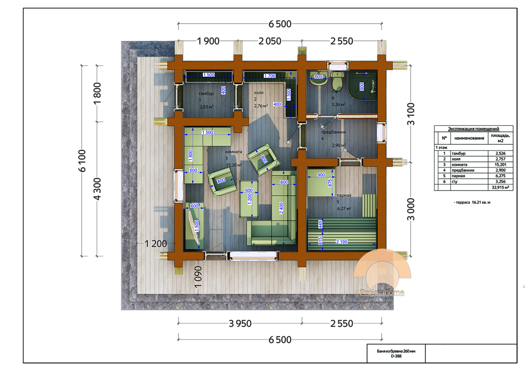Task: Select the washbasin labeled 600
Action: (x=319, y=79)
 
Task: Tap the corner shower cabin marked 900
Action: (x=362, y=86)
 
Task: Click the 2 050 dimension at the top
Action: (x=270, y=41)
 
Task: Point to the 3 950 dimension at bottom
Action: (x=240, y=323)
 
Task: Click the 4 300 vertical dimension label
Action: (x=97, y=189)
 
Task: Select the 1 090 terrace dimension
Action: (x=198, y=277)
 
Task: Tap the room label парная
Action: (x=344, y=195)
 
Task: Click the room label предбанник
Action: (x=333, y=132)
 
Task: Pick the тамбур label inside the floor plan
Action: (x=206, y=94)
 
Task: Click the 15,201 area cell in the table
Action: (x=500, y=165)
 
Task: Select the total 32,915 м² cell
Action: (x=500, y=188)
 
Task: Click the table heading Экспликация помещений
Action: (x=473, y=129)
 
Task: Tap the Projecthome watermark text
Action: (x=382, y=292)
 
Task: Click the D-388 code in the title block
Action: (x=396, y=356)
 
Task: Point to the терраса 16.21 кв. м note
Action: (x=472, y=202)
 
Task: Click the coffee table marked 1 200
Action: (x=249, y=199)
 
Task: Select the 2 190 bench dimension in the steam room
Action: (x=341, y=242)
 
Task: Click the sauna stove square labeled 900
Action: (x=321, y=183)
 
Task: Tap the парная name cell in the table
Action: (x=458, y=176)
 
